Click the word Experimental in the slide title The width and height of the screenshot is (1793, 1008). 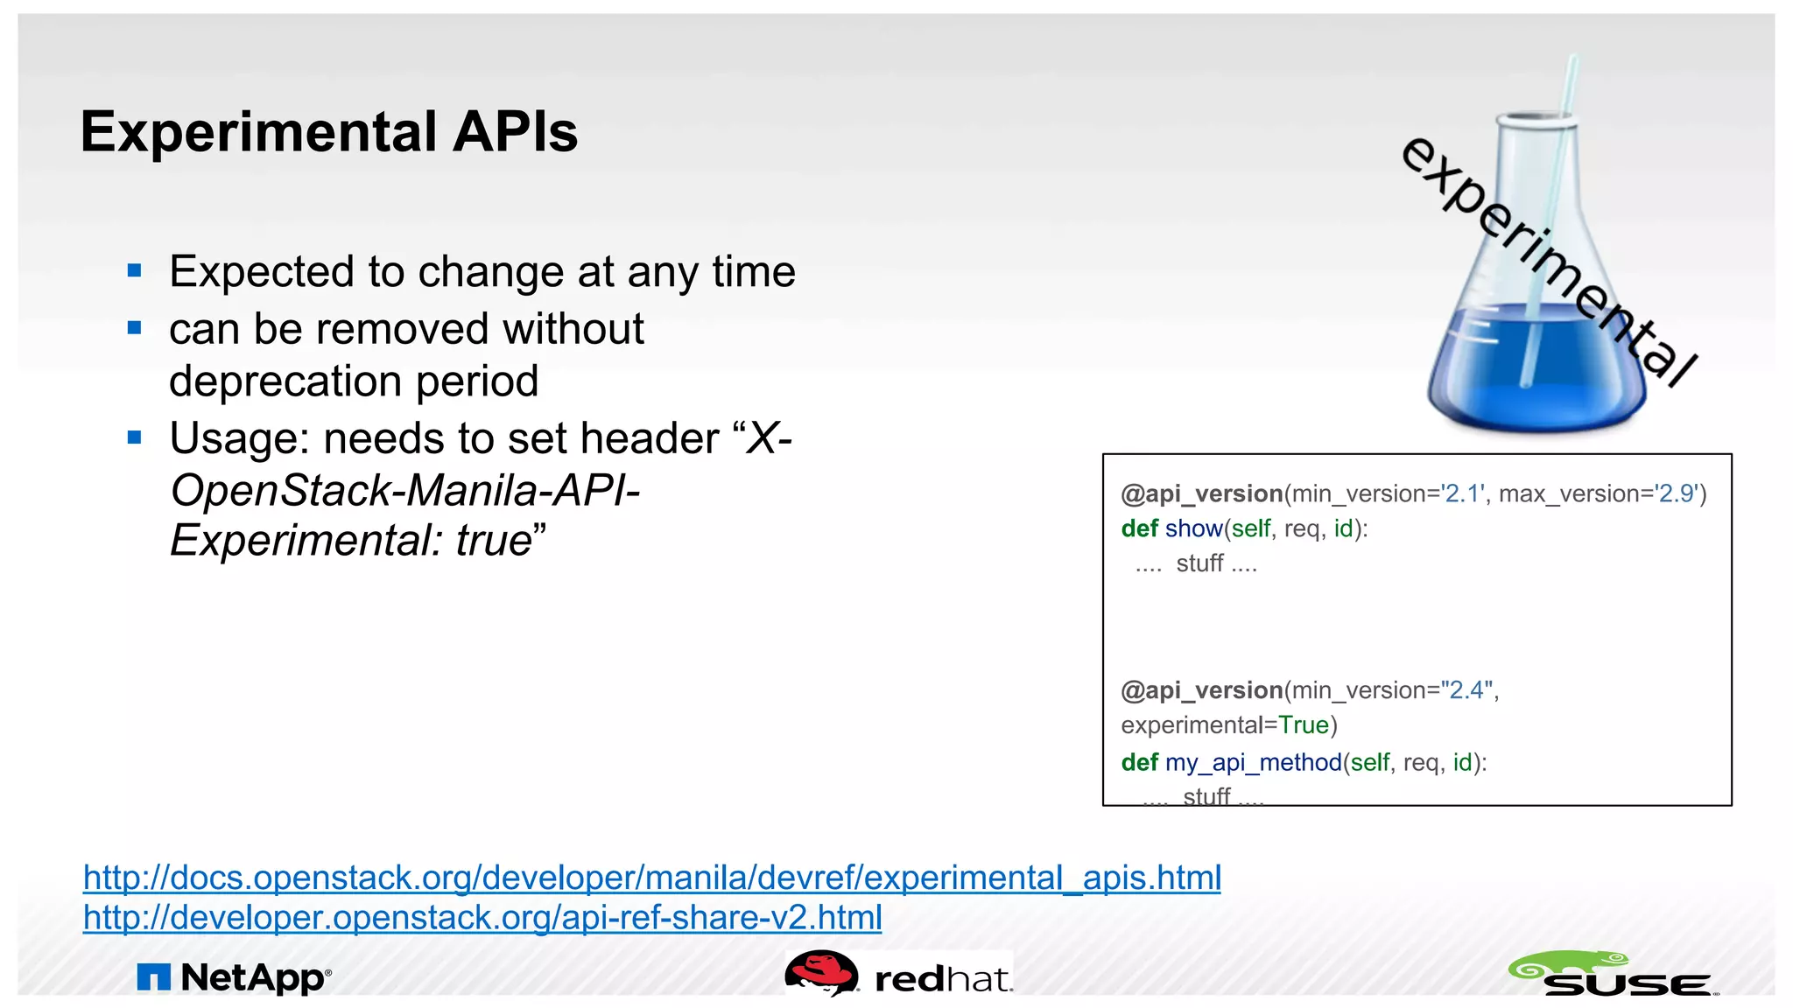pyautogui.click(x=259, y=133)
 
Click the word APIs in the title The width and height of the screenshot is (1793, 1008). pyautogui.click(x=515, y=133)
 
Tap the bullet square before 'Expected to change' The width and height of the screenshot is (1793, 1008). pyautogui.click(x=134, y=270)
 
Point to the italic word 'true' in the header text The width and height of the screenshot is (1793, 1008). pyautogui.click(x=494, y=541)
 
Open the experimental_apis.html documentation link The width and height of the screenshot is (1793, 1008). pyautogui.click(x=651, y=878)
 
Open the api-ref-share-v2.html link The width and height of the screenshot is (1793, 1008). pyautogui.click(x=482, y=918)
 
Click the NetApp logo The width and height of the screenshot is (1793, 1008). pyautogui.click(x=235, y=977)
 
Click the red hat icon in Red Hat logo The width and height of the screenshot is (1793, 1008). pyautogui.click(x=820, y=972)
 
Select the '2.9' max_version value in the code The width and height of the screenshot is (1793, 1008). pyautogui.click(x=1677, y=494)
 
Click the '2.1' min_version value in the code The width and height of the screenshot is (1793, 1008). pyautogui.click(x=1464, y=494)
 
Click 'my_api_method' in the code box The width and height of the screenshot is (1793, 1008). pyautogui.click(x=1253, y=763)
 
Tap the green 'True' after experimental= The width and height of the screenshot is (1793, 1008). pyautogui.click(x=1304, y=725)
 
